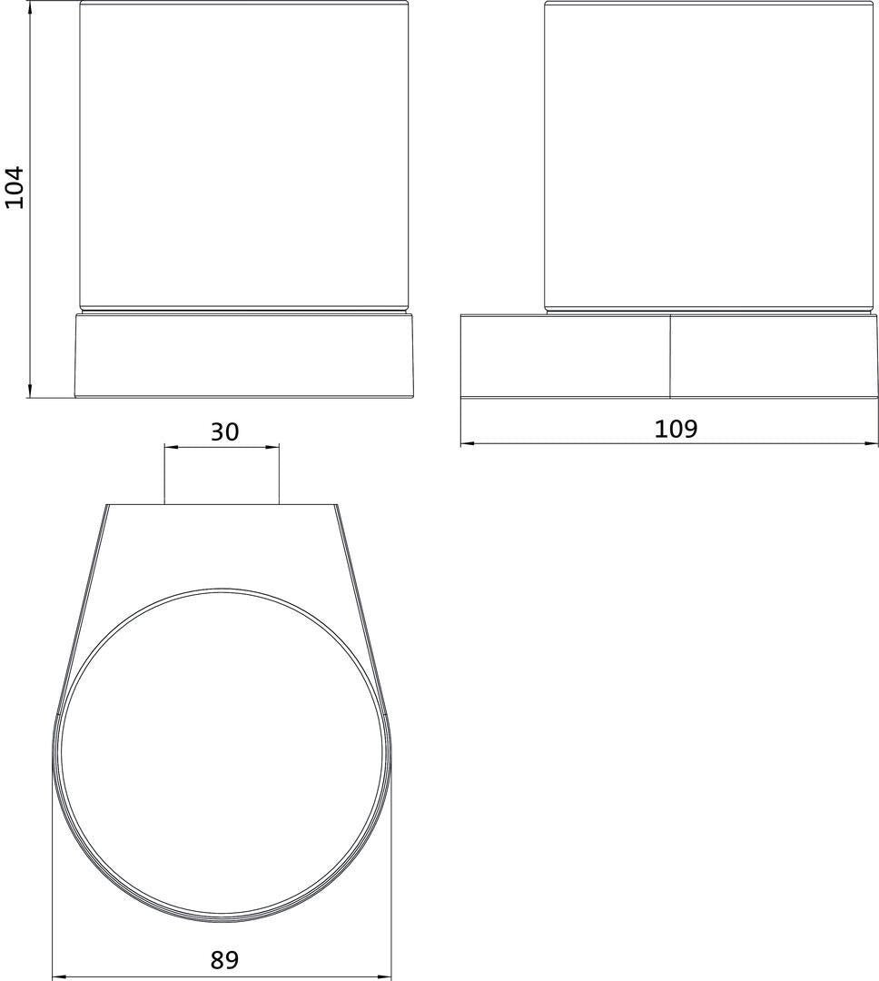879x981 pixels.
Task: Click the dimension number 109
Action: (x=676, y=429)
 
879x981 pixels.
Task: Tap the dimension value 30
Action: (x=224, y=431)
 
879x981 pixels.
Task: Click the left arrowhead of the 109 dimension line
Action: (x=467, y=443)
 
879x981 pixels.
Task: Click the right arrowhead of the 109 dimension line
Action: (x=872, y=443)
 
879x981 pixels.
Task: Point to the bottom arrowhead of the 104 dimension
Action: (x=29, y=391)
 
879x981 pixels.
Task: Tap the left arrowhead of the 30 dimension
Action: (x=171, y=447)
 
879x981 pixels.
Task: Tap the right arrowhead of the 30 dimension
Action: (x=272, y=447)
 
